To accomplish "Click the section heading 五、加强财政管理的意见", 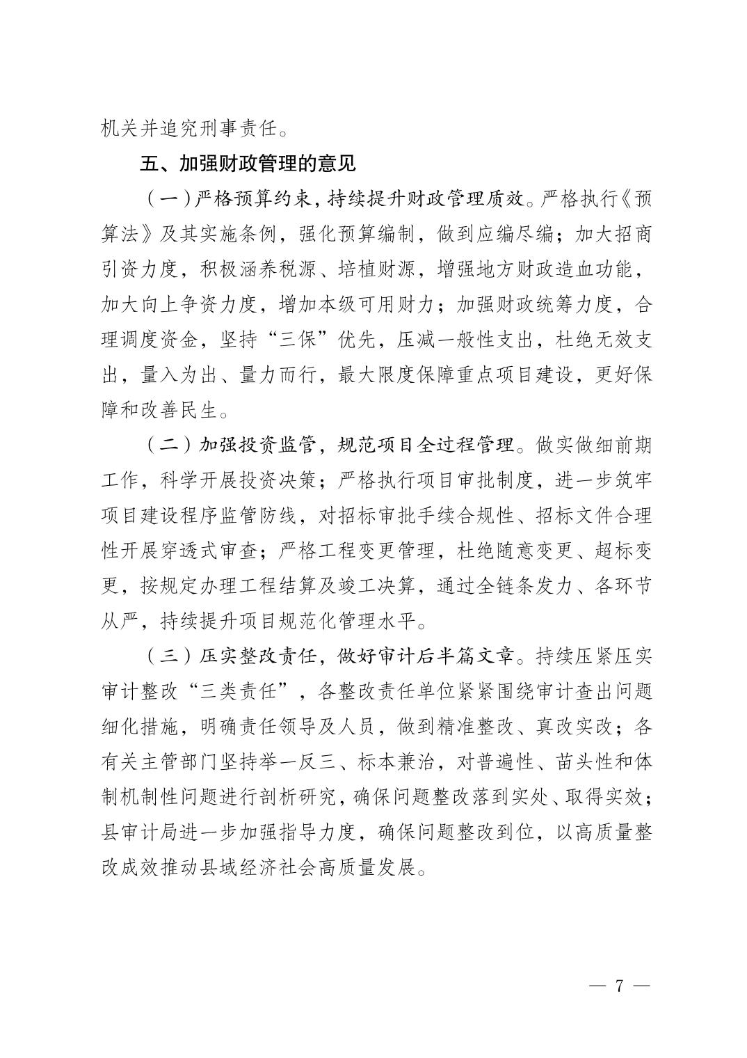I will click(x=248, y=164).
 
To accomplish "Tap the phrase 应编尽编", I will click(x=515, y=234).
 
